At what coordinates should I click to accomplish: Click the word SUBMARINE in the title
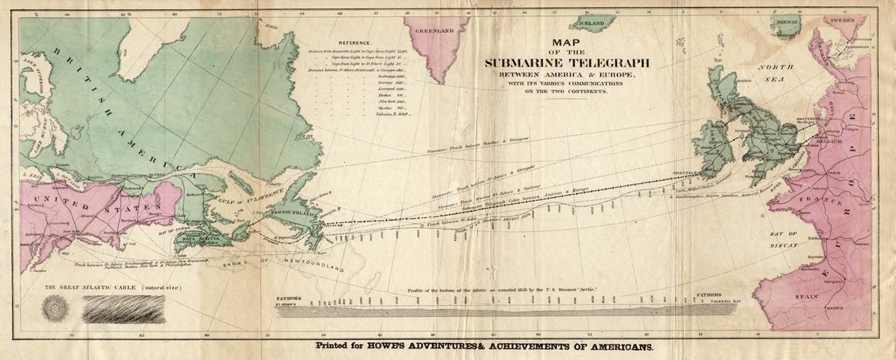tap(525, 63)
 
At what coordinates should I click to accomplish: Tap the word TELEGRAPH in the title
tap(607, 63)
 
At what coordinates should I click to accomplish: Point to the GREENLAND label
tap(434, 32)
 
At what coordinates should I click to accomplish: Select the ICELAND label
tap(592, 24)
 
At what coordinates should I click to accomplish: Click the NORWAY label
tap(787, 22)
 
